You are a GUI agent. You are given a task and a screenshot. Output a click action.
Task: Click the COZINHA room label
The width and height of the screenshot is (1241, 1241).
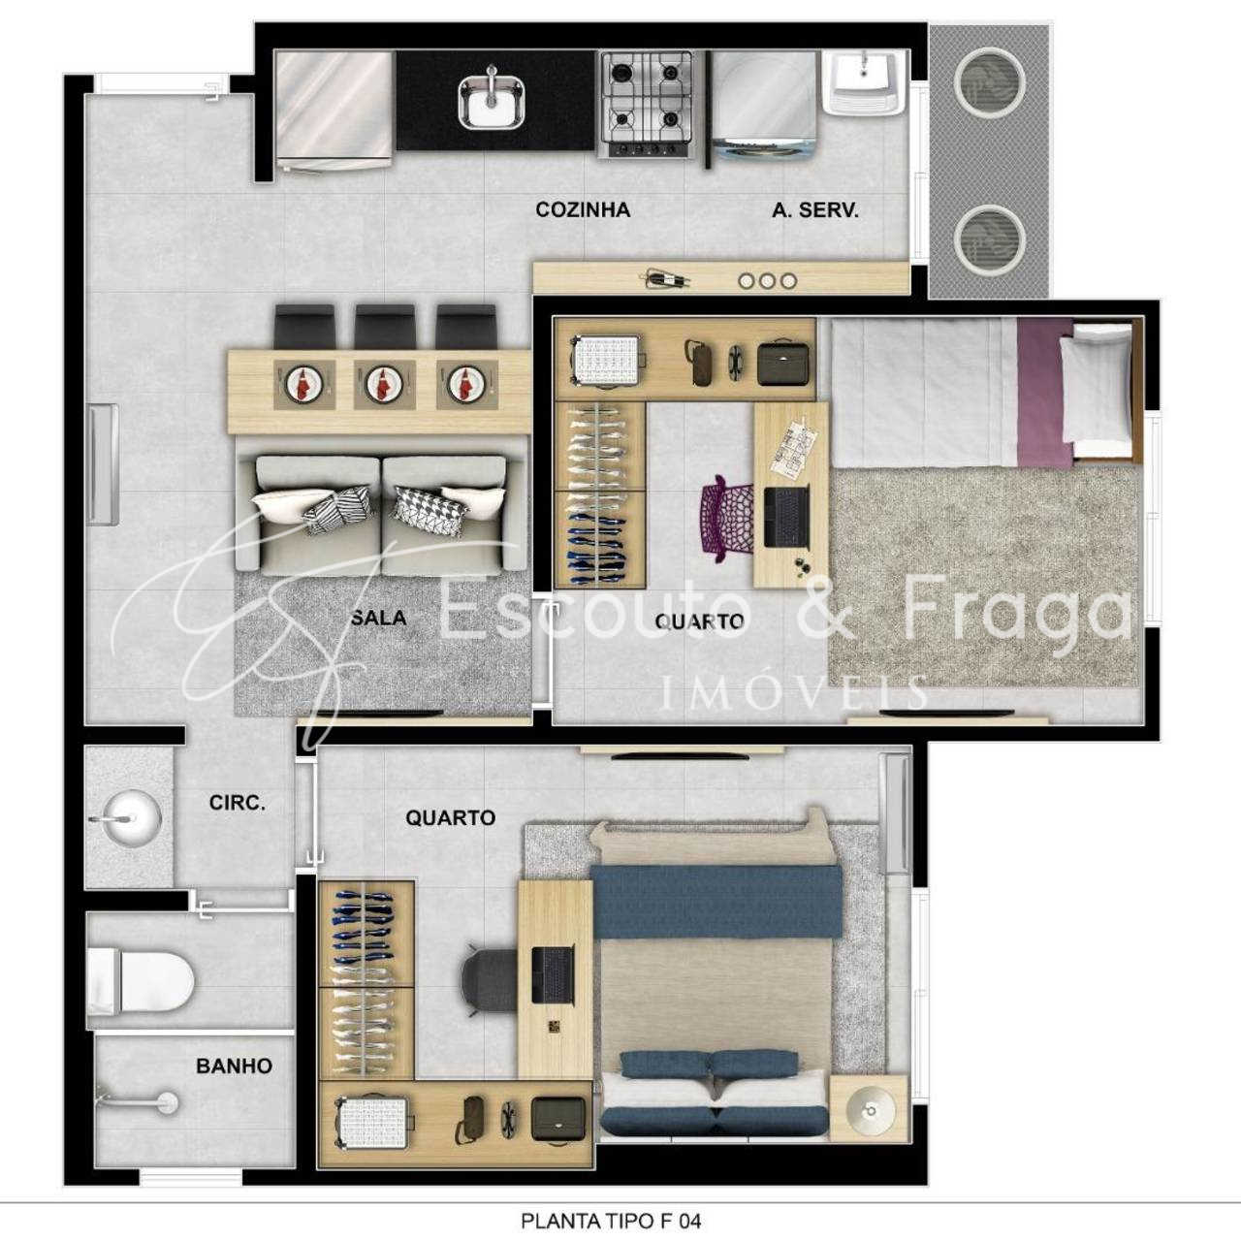pyautogui.click(x=582, y=209)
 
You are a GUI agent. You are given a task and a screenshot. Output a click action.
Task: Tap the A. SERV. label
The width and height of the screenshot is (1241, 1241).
pyautogui.click(x=814, y=209)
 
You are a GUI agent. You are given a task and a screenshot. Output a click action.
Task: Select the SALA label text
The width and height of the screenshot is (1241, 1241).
pyautogui.click(x=379, y=618)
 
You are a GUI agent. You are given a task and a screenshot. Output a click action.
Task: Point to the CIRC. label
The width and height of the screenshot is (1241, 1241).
pyautogui.click(x=237, y=803)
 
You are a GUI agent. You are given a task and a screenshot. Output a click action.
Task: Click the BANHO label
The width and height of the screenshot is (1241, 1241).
pyautogui.click(x=234, y=1066)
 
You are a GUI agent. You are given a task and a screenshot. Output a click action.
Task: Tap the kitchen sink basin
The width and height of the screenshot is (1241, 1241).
pyautogui.click(x=492, y=102)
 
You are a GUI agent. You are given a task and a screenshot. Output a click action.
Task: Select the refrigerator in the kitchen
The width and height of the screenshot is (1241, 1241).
pyautogui.click(x=334, y=111)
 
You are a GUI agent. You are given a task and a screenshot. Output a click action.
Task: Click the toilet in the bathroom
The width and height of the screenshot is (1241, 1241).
pyautogui.click(x=141, y=981)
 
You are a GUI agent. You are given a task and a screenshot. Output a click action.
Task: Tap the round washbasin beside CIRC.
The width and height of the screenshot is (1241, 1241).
pyautogui.click(x=128, y=818)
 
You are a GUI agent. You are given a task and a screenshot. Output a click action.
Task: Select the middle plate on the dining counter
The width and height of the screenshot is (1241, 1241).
pyautogui.click(x=384, y=384)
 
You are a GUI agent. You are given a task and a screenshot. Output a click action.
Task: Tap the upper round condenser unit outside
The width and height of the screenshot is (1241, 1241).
pyautogui.click(x=989, y=81)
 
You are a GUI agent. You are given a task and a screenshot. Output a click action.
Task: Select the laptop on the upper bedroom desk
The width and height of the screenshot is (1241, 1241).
pyautogui.click(x=785, y=517)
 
